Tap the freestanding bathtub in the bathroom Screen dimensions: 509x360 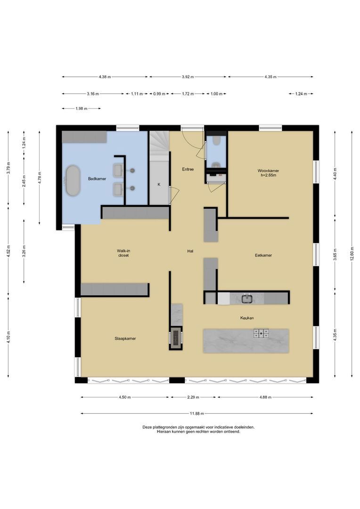(73, 180)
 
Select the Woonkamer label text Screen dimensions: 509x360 (267, 173)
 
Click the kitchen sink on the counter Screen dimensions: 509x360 (246, 298)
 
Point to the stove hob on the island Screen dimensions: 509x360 (261, 334)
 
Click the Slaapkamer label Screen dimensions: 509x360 (125, 338)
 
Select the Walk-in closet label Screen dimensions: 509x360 (123, 253)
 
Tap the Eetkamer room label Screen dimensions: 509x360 (263, 255)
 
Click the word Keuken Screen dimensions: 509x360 (247, 318)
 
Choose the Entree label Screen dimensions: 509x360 (188, 169)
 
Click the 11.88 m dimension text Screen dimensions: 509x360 (196, 413)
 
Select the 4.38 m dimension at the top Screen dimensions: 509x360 (105, 77)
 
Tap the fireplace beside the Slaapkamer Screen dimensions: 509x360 (176, 337)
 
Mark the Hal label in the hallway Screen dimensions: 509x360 (190, 251)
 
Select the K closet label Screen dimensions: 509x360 (159, 184)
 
